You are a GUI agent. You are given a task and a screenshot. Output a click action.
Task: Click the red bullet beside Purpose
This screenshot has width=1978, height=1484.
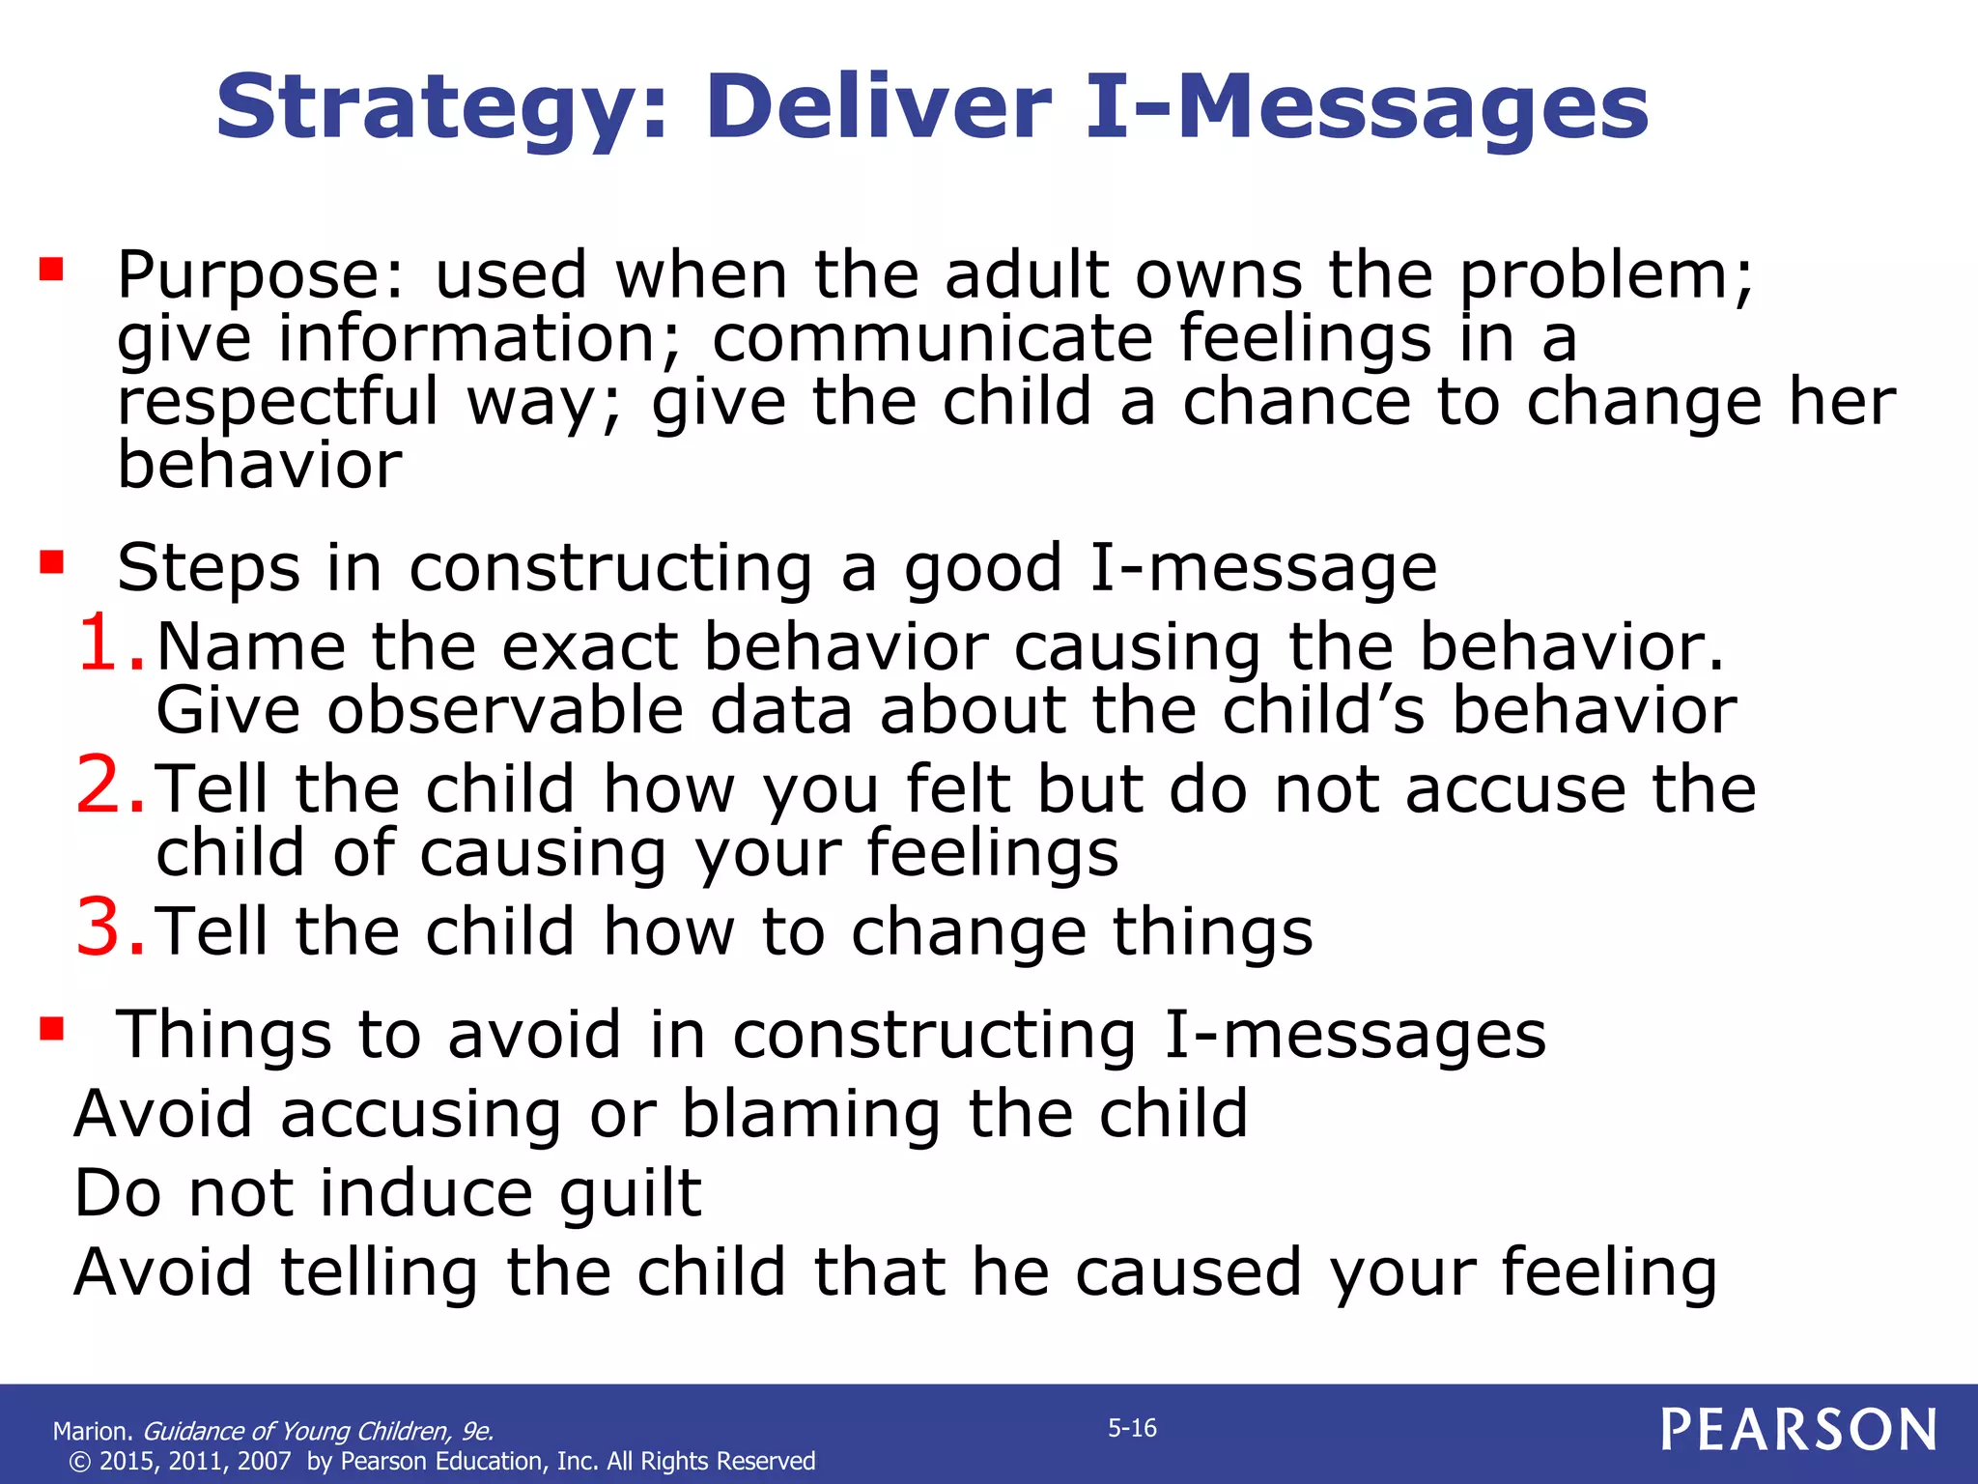pyautogui.click(x=51, y=268)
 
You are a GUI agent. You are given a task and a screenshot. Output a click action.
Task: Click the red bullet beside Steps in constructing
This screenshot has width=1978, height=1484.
pyautogui.click(x=51, y=561)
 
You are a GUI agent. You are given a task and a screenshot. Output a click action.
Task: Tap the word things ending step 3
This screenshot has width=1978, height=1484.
pyautogui.click(x=1211, y=932)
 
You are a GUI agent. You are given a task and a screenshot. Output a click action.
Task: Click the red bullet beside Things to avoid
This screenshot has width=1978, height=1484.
pyautogui.click(x=51, y=1029)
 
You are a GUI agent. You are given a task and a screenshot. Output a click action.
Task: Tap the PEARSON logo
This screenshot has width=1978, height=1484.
pyautogui.click(x=1798, y=1430)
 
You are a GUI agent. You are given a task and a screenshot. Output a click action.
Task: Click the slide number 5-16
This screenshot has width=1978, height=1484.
pyautogui.click(x=1132, y=1428)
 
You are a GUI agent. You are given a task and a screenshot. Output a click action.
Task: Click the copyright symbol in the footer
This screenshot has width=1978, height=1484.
pyautogui.click(x=79, y=1462)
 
